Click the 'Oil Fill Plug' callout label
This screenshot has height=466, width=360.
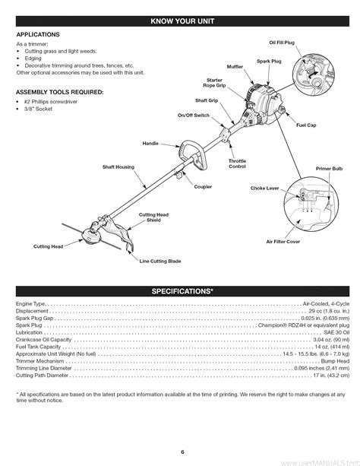point(282,43)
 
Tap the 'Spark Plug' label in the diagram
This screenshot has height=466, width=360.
point(269,62)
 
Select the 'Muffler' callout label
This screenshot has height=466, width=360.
point(235,67)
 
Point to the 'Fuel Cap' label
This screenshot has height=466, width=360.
point(306,125)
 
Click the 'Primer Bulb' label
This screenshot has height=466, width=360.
point(329,169)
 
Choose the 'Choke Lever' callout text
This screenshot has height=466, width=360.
point(264,188)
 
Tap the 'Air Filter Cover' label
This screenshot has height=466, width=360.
point(283,242)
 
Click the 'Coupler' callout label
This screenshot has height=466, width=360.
point(203,187)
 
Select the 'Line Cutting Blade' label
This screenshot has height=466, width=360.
point(160,262)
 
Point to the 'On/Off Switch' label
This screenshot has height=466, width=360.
point(194,115)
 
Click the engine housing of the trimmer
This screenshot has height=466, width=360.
point(263,105)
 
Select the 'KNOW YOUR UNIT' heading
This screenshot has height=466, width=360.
point(182,21)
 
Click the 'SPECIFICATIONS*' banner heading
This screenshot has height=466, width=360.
point(182,291)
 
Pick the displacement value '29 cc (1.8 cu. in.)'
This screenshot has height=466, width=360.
point(329,311)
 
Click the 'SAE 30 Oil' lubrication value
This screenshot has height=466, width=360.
point(336,332)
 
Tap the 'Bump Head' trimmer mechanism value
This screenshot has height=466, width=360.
point(335,361)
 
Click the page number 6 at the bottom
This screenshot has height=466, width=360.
point(182,452)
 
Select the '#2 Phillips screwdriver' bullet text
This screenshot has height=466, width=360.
point(50,102)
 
